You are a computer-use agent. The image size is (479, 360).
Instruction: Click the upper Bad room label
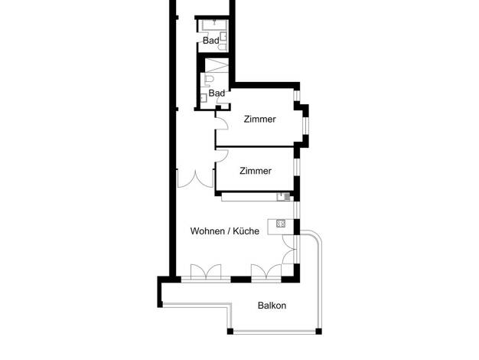(x=210, y=41)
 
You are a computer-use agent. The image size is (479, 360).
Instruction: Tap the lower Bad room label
(x=217, y=93)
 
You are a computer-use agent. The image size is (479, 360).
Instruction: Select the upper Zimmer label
(x=259, y=119)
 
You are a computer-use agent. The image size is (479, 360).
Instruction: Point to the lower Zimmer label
(x=256, y=171)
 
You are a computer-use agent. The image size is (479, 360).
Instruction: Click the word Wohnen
(x=207, y=231)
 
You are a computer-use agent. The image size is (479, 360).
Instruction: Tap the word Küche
(x=246, y=231)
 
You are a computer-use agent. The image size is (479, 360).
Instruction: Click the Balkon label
(x=272, y=306)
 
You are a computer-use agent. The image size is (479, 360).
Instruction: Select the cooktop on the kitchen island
(x=281, y=224)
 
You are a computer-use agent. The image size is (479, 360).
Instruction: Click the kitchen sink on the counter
(x=284, y=197)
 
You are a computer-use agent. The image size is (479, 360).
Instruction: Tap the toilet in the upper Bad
(x=223, y=47)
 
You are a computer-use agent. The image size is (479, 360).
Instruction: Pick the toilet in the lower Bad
(x=209, y=79)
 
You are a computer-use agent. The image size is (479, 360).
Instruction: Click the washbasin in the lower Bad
(x=204, y=98)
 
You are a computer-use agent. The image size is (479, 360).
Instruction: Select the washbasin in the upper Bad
(x=223, y=37)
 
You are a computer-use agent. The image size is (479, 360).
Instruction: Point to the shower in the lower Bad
(x=217, y=65)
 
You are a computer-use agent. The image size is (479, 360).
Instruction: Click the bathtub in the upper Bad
(x=215, y=25)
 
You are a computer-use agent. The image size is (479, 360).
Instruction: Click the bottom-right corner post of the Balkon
(x=318, y=331)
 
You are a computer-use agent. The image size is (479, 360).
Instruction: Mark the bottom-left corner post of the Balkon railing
(x=230, y=331)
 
